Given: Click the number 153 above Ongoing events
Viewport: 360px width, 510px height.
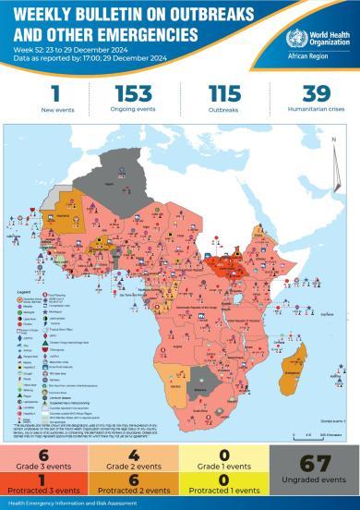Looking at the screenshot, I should (x=133, y=93).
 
